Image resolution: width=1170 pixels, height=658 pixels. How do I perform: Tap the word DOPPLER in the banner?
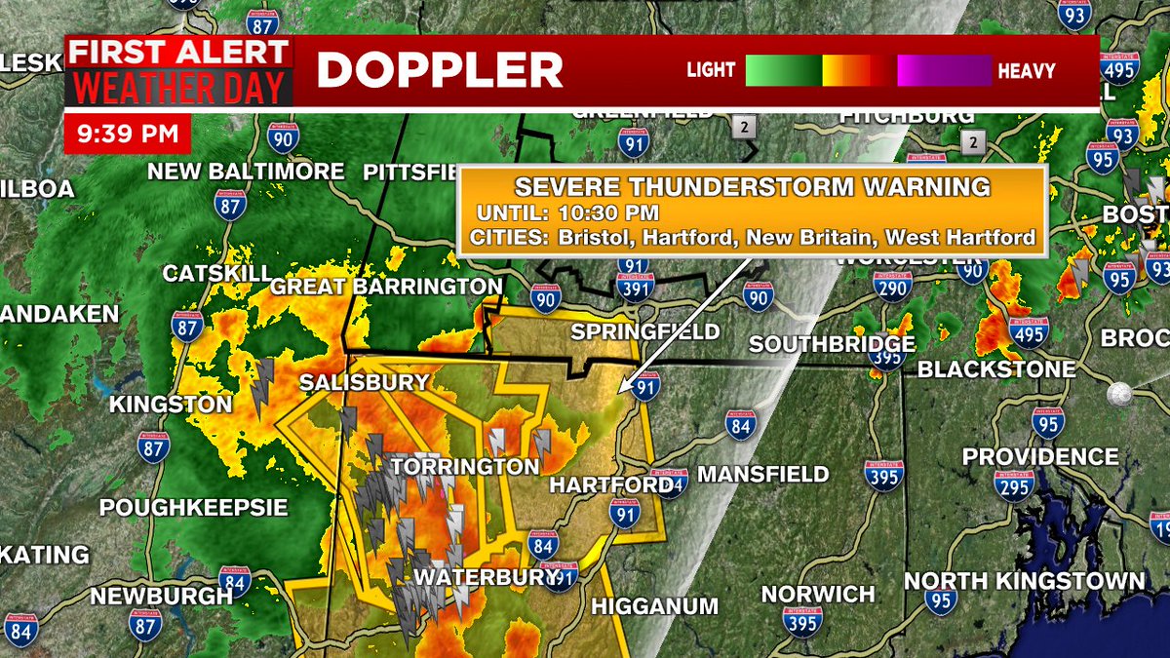point(440,70)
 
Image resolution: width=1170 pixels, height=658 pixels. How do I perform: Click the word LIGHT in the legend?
point(710,71)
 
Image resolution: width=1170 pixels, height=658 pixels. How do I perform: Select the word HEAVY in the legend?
point(1026,71)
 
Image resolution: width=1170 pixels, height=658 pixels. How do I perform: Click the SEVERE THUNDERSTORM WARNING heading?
point(752,187)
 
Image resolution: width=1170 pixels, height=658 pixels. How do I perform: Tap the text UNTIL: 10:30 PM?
point(568,213)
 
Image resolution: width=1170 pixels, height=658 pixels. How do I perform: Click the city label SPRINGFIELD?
point(644,331)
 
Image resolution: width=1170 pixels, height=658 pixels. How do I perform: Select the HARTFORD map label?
point(611,484)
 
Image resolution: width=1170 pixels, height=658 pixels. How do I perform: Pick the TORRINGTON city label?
point(464,466)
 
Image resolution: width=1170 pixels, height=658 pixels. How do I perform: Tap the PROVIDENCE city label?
point(1040,456)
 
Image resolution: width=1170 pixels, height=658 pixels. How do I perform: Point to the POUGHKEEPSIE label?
point(194,508)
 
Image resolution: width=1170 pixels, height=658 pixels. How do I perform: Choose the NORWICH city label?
point(818,594)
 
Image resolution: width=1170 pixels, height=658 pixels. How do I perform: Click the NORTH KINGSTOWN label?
point(1025,581)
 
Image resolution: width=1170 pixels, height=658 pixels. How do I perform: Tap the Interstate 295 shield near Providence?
point(1015,484)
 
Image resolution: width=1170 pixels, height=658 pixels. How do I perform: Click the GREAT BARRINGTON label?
point(386,287)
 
